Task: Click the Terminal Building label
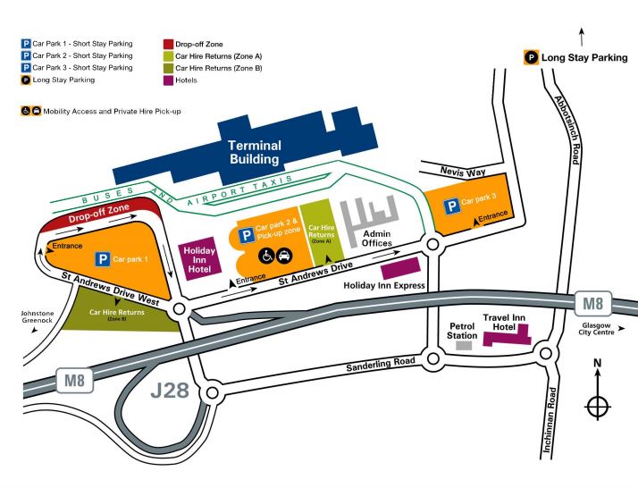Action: click(254, 152)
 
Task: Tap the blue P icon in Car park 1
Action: click(104, 260)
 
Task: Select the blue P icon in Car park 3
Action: click(453, 206)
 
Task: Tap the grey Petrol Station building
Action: click(463, 345)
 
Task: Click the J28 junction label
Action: click(170, 390)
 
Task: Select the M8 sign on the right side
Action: click(592, 301)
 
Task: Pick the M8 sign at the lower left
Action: click(73, 380)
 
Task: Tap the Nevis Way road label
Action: click(462, 170)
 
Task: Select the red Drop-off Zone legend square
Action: click(168, 42)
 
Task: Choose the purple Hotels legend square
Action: click(168, 80)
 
